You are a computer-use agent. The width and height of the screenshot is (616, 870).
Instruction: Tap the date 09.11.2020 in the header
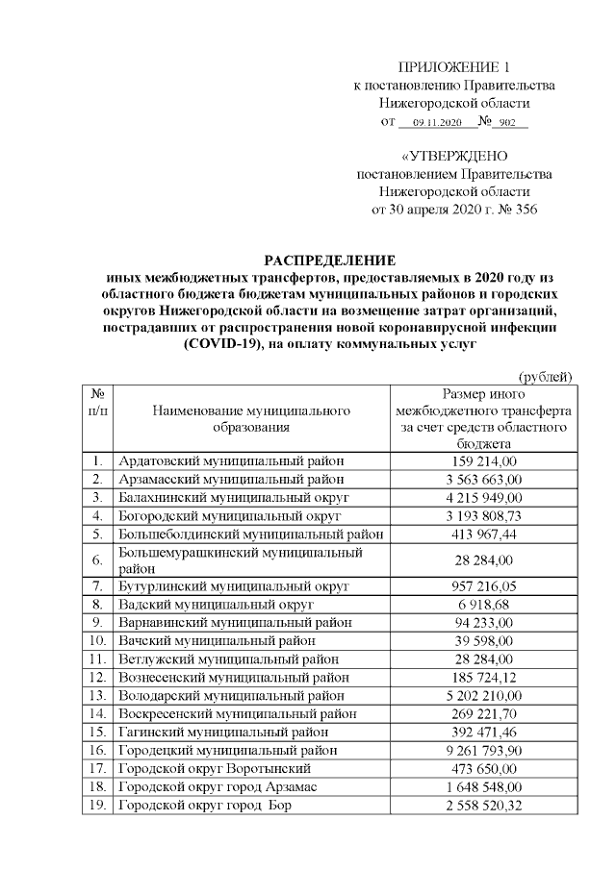point(437,123)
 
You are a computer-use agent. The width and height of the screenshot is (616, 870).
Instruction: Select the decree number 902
point(509,123)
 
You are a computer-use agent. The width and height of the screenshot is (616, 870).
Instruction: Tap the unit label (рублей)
point(546,376)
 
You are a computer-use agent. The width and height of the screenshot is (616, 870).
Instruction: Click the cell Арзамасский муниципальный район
point(230,479)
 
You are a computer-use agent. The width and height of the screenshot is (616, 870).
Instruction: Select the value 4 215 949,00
point(482,497)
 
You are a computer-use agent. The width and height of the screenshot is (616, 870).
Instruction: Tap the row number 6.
point(96,559)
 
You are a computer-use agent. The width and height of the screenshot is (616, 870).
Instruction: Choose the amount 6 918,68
point(482,604)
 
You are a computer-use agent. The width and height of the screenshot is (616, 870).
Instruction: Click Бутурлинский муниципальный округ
point(232,585)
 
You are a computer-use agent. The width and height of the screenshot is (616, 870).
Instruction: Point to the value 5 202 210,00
point(482,695)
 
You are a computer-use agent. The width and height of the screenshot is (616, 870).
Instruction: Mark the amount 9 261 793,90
point(482,750)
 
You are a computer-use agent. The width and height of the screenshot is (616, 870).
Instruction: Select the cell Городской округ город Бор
point(204,805)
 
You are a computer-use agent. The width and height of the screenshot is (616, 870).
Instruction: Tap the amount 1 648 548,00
point(482,786)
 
